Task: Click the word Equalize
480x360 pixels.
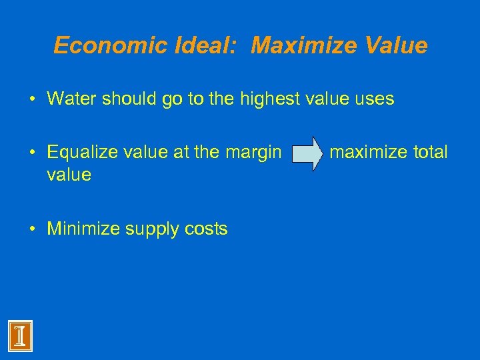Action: (83, 153)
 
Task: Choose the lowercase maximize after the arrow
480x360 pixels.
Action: (370, 153)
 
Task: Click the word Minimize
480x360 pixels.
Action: (82, 229)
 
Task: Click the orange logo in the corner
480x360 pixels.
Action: (20, 336)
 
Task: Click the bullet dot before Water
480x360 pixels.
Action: (33, 100)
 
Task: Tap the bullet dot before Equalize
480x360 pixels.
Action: (33, 153)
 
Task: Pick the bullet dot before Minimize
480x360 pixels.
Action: (33, 230)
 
